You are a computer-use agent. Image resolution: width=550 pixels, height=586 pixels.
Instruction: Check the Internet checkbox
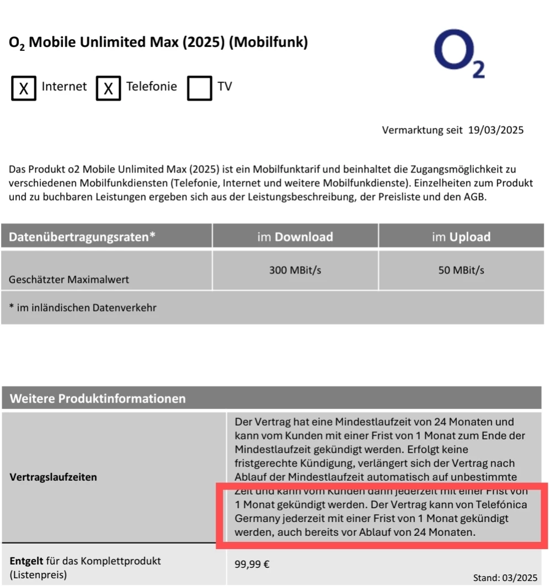click(24, 88)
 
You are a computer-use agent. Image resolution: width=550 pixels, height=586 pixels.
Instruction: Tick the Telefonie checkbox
click(108, 88)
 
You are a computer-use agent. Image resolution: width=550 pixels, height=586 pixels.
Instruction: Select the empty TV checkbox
click(199, 88)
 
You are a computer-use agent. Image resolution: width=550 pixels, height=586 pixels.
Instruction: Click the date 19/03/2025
click(496, 130)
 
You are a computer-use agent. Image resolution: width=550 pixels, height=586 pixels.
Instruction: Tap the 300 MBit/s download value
click(295, 270)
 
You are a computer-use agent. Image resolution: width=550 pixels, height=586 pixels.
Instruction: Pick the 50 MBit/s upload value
click(461, 270)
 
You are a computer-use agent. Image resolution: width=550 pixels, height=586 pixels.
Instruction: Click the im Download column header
click(295, 237)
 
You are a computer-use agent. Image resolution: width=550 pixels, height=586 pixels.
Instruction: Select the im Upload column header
click(461, 237)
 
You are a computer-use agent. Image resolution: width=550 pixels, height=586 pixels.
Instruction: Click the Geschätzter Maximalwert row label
click(69, 279)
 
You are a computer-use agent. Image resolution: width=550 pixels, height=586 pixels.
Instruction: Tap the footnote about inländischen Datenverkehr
click(83, 308)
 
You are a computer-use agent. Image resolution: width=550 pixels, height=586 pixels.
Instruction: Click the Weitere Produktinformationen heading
click(98, 399)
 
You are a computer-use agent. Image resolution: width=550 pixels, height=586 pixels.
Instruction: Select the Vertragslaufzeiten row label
click(54, 477)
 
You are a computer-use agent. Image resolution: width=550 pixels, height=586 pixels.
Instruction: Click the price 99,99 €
click(252, 564)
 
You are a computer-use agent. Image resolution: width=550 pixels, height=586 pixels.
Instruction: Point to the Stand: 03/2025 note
click(505, 577)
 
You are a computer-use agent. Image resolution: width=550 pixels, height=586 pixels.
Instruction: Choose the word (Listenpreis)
click(38, 575)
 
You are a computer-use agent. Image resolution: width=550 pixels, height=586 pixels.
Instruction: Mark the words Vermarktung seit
click(423, 130)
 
